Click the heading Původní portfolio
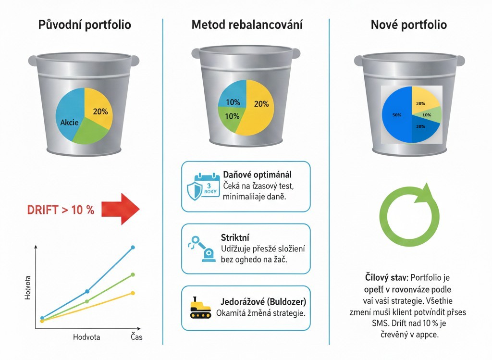click(x=85, y=25)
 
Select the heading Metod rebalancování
click(x=247, y=25)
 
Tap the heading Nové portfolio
click(x=408, y=25)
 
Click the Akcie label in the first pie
click(x=70, y=123)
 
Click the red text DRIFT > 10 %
click(x=61, y=210)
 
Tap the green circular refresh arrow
click(x=409, y=213)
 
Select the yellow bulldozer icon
click(x=200, y=308)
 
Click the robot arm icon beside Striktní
click(x=201, y=248)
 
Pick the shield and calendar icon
click(x=203, y=186)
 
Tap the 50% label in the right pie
click(x=397, y=115)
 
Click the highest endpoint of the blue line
click(x=133, y=247)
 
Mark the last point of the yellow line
click(x=133, y=293)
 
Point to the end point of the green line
click(x=133, y=274)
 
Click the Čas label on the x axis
click(x=136, y=337)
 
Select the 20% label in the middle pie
click(x=261, y=103)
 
